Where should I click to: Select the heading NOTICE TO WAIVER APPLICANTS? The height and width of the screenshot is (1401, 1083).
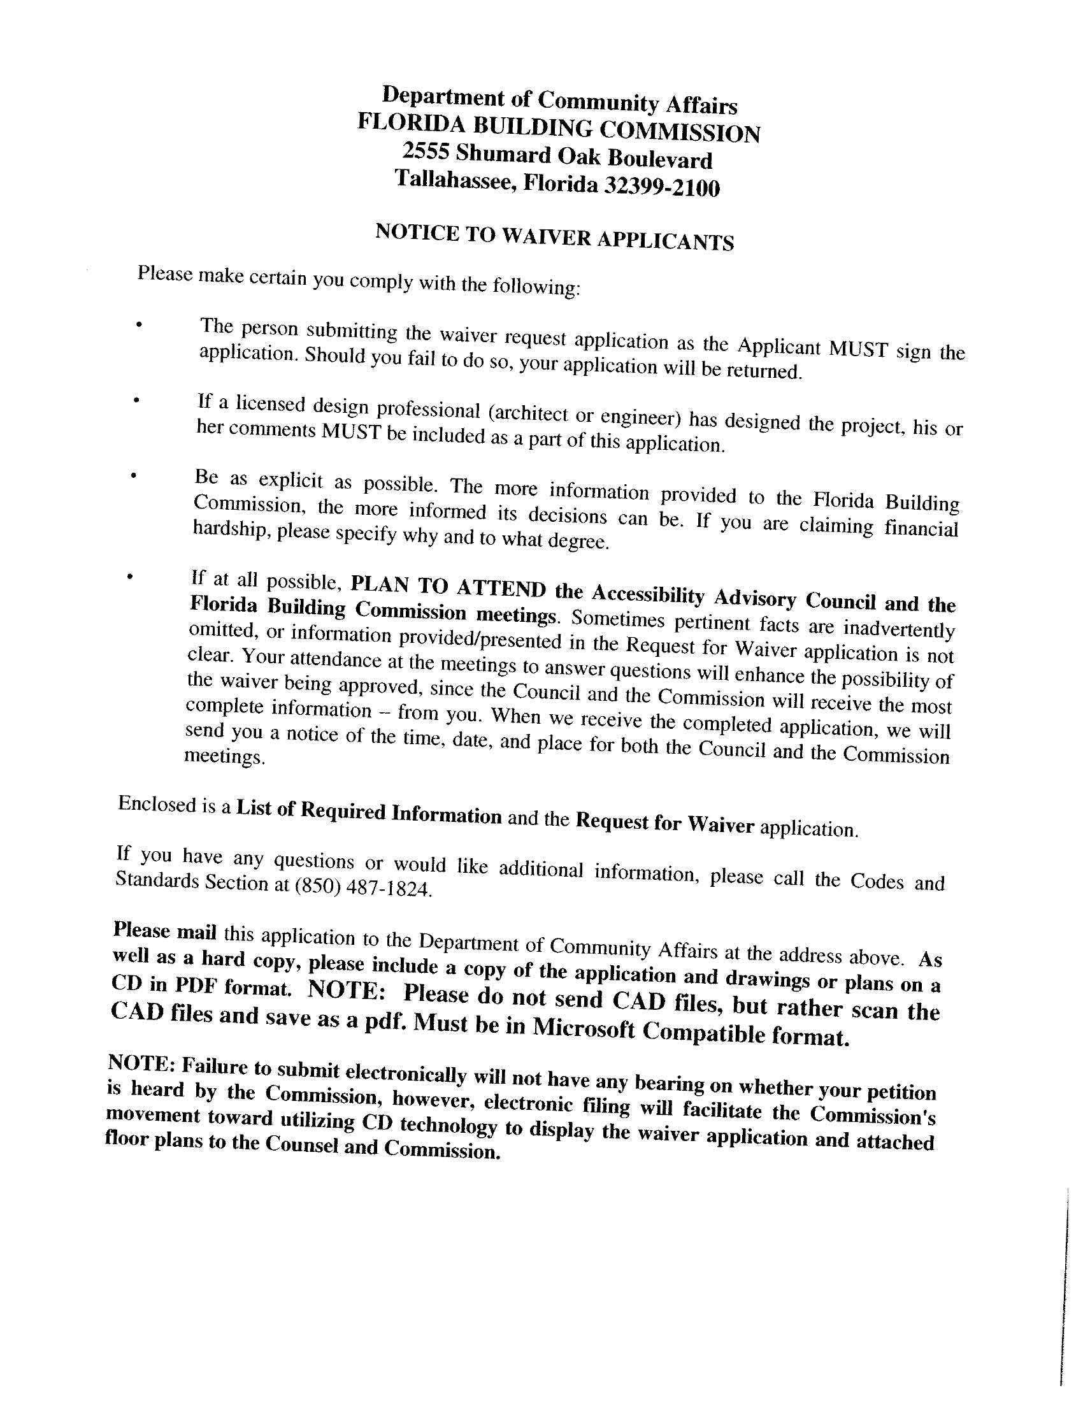[x=554, y=236]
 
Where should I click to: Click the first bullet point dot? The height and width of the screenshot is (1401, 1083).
[x=138, y=325]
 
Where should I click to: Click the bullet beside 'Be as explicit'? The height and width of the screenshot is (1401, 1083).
[x=133, y=475]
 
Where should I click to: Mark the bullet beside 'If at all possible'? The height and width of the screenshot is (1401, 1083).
[x=129, y=577]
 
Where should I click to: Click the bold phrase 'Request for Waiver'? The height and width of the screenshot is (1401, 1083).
[x=664, y=824]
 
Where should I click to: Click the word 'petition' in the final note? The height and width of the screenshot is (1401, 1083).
[x=901, y=1092]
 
